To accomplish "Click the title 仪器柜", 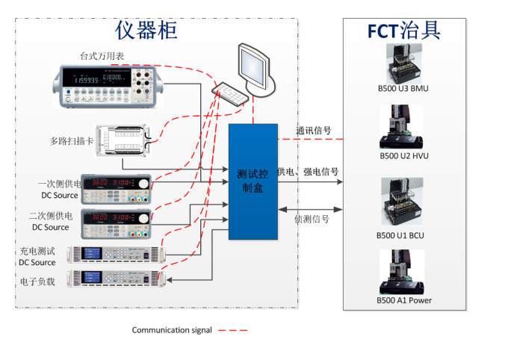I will [x=146, y=29].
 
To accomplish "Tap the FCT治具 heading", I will [x=403, y=30].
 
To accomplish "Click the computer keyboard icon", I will [x=230, y=93].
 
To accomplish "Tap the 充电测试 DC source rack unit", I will [x=114, y=254].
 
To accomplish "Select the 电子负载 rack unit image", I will [x=114, y=279].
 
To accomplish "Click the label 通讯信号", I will [x=314, y=130].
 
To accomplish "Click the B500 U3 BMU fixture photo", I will [x=403, y=64].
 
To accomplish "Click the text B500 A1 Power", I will [x=404, y=300].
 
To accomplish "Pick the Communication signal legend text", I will [x=172, y=330].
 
